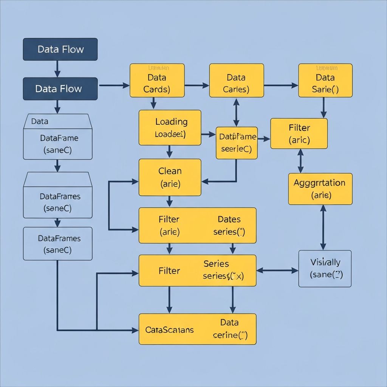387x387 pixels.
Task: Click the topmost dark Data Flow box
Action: (x=60, y=49)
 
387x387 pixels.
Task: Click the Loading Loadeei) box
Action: (x=170, y=128)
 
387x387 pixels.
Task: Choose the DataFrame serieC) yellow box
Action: (x=237, y=142)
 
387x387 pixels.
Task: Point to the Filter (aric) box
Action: (x=299, y=133)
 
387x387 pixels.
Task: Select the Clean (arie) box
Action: (x=170, y=177)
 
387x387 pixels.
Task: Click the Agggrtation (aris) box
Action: (x=320, y=189)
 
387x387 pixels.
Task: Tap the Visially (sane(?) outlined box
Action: (x=325, y=268)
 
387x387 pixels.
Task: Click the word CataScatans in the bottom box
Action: (x=169, y=330)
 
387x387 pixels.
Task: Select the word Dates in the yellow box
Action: (x=229, y=219)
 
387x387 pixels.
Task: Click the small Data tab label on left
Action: (x=40, y=121)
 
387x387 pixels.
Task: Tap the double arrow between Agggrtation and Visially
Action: (x=323, y=227)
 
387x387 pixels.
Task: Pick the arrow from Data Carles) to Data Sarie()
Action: (x=281, y=85)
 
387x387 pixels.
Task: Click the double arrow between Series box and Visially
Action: (x=277, y=270)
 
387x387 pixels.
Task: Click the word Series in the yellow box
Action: (x=216, y=263)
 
